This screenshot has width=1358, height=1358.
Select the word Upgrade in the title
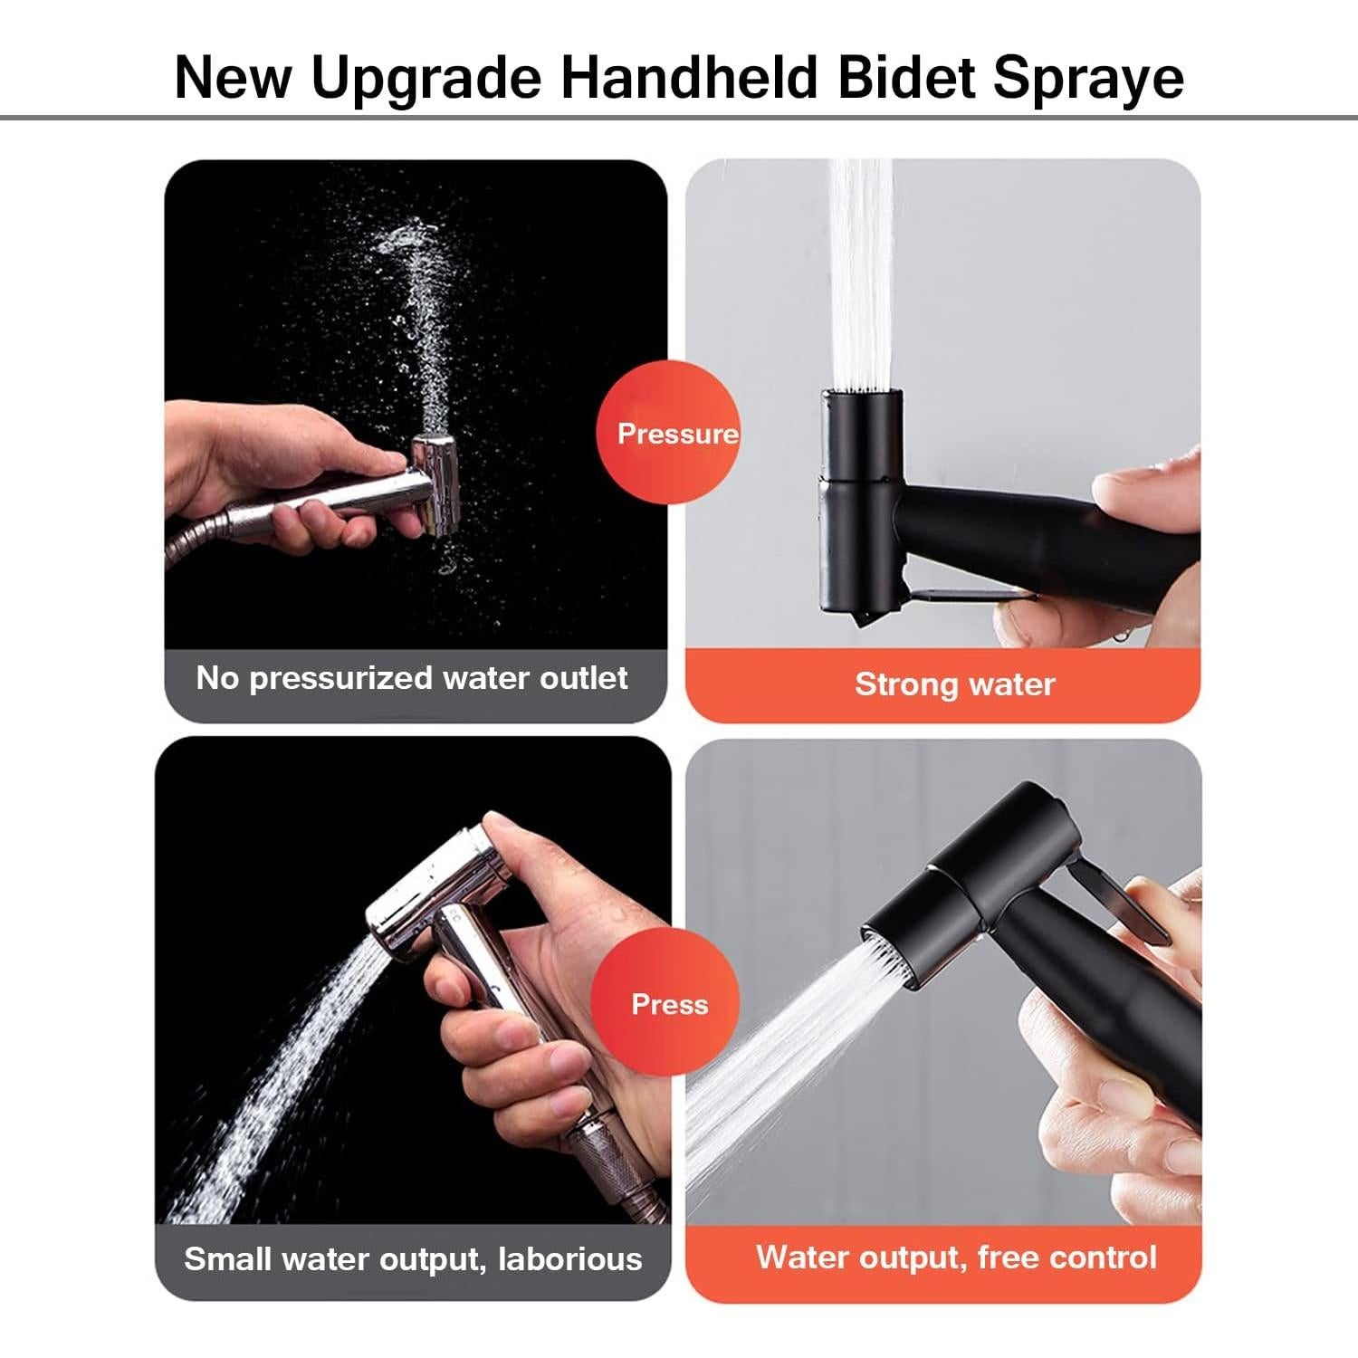click(426, 79)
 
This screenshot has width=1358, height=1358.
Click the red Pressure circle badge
click(668, 434)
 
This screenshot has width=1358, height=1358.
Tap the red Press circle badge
click(668, 1004)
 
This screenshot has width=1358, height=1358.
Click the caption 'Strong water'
click(955, 684)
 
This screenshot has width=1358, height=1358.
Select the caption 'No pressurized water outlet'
click(412, 678)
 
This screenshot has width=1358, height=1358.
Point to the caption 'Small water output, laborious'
click(413, 1259)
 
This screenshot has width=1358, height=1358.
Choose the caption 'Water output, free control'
click(956, 1258)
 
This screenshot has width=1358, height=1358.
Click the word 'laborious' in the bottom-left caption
click(570, 1259)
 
